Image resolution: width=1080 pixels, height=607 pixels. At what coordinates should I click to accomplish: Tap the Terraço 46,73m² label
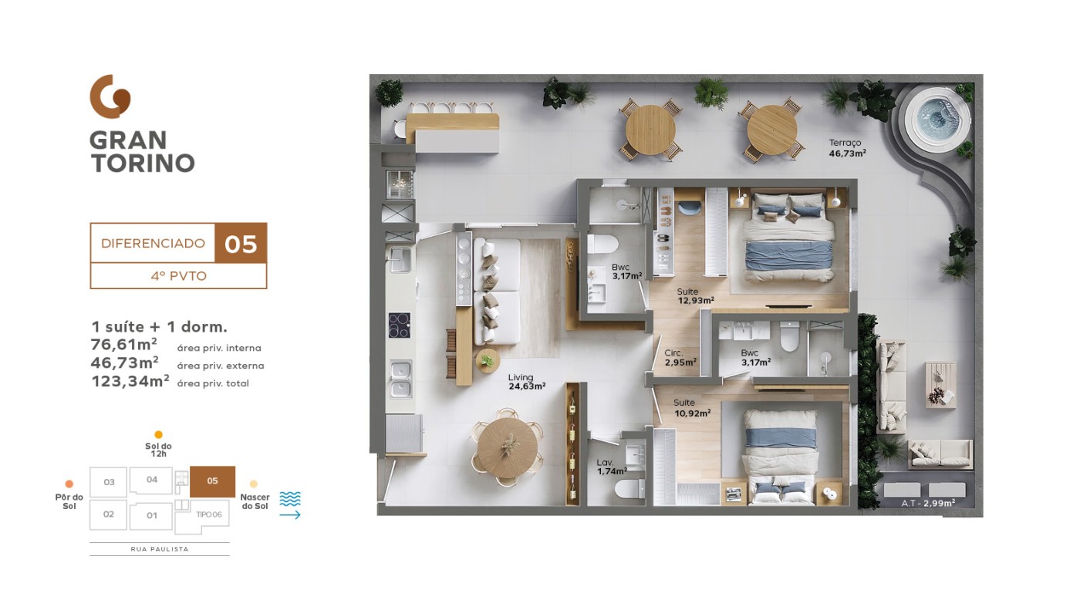pyautogui.click(x=847, y=149)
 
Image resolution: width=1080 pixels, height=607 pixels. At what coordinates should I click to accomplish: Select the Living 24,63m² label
pyautogui.click(x=526, y=382)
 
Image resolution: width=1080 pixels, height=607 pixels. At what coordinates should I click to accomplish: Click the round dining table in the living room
pyautogui.click(x=508, y=448)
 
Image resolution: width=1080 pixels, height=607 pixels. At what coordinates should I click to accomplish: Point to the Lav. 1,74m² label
pyautogui.click(x=612, y=467)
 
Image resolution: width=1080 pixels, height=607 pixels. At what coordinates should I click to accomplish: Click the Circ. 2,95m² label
pyautogui.click(x=680, y=358)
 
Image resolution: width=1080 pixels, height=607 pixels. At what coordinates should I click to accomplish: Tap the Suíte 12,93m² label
pyautogui.click(x=695, y=296)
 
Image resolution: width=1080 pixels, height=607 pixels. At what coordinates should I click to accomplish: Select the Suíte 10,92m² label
pyautogui.click(x=692, y=408)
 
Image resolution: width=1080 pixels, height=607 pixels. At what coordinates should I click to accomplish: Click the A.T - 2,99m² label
pyautogui.click(x=928, y=504)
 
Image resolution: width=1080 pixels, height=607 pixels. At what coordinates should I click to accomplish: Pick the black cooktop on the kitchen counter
pyautogui.click(x=400, y=325)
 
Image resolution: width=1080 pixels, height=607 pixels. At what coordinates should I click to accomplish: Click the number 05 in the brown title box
pyautogui.click(x=241, y=244)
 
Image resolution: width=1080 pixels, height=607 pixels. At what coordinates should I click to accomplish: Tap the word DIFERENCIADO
pyautogui.click(x=153, y=243)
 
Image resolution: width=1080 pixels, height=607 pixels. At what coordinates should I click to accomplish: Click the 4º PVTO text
pyautogui.click(x=178, y=276)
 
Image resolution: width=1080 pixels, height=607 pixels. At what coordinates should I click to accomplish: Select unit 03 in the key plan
pyautogui.click(x=109, y=481)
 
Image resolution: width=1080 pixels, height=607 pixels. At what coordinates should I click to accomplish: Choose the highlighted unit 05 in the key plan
pyautogui.click(x=212, y=481)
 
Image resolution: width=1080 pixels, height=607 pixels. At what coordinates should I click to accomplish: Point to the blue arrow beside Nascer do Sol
pyautogui.click(x=290, y=515)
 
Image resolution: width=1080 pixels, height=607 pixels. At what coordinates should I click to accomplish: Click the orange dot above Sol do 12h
pyautogui.click(x=158, y=434)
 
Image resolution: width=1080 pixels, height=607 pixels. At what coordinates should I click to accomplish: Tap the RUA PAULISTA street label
pyautogui.click(x=160, y=549)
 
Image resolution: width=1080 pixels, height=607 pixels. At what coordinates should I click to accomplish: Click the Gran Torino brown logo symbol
pyautogui.click(x=110, y=96)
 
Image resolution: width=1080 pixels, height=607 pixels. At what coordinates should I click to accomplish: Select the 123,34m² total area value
pyautogui.click(x=130, y=381)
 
